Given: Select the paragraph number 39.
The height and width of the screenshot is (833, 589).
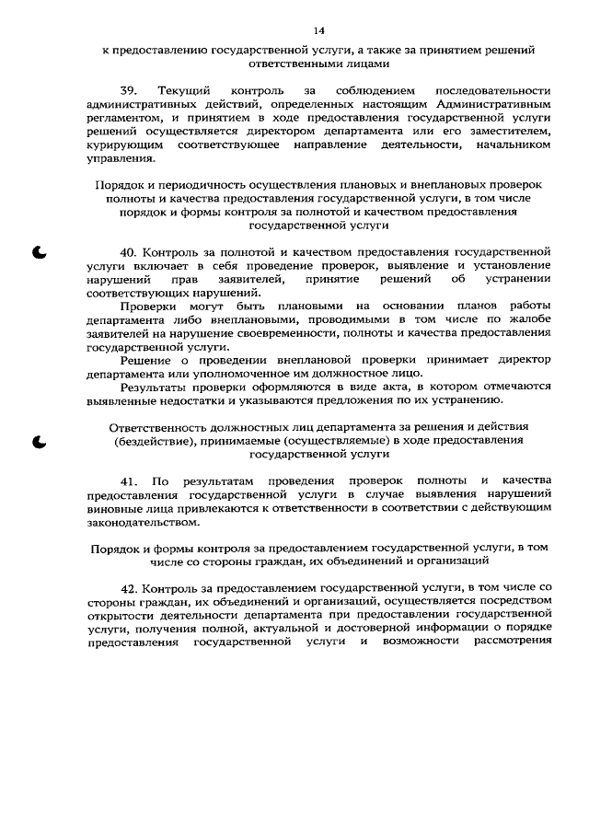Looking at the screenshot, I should pyautogui.click(x=129, y=92).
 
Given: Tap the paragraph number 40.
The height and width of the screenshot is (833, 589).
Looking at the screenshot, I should pyautogui.click(x=129, y=251).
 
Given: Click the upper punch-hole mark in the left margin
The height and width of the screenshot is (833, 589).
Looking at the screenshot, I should pyautogui.click(x=40, y=252).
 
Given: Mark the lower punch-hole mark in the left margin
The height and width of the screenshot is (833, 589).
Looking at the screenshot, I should pyautogui.click(x=40, y=442).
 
